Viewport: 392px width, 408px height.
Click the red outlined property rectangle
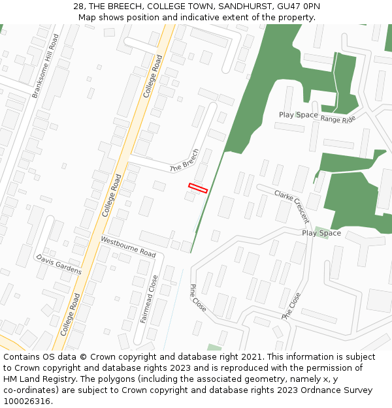point(198,188)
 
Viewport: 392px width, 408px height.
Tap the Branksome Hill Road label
point(45,66)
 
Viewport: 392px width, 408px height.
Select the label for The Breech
point(184,160)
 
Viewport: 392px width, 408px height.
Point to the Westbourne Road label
point(128,247)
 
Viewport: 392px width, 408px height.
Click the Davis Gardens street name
point(59,264)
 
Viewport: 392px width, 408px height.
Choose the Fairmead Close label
point(149,299)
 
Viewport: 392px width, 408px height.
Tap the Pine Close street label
point(197,297)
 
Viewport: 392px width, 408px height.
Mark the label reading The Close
point(291,306)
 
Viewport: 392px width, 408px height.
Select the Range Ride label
point(338,119)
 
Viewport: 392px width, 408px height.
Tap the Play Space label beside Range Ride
point(299,115)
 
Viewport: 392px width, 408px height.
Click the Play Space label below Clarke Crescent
point(321,233)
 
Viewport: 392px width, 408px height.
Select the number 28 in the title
point(78,6)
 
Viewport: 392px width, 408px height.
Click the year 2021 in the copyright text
point(252,357)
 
